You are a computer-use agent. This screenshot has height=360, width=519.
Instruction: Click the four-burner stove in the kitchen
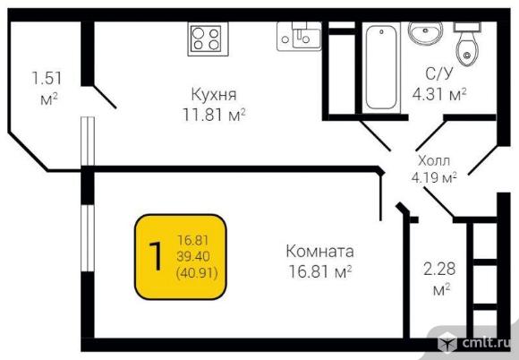(208, 39)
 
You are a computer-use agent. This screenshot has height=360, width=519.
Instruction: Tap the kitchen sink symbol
(299, 36)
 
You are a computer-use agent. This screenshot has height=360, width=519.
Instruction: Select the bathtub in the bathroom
(381, 67)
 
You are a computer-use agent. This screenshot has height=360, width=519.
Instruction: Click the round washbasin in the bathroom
(425, 32)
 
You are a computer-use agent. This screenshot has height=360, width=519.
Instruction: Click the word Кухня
(214, 94)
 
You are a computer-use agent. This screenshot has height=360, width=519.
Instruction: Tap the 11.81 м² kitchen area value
(214, 115)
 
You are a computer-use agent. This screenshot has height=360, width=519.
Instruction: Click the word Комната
(319, 251)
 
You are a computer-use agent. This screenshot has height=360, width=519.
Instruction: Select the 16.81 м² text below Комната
(319, 272)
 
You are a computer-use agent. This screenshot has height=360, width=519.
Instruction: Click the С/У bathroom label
(438, 73)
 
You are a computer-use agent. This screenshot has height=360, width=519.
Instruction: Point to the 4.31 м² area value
(439, 94)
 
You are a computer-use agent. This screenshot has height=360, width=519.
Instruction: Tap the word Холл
(434, 160)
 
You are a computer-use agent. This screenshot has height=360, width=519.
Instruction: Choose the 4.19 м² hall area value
(434, 177)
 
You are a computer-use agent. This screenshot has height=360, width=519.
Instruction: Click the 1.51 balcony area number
(47, 78)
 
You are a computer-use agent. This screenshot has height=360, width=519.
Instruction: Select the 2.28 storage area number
(439, 269)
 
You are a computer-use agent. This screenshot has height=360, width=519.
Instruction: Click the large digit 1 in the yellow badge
(156, 256)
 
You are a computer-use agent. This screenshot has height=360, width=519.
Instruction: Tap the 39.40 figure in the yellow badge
(193, 256)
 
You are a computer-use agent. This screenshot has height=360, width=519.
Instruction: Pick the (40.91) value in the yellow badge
(197, 273)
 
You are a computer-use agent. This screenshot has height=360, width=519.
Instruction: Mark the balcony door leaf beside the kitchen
(105, 97)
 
